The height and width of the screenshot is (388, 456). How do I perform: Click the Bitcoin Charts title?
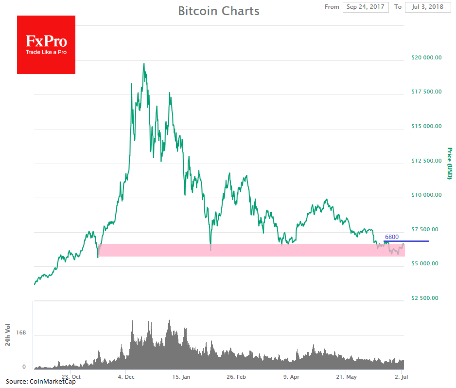[x=219, y=11]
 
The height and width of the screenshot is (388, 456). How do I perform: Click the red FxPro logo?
[x=46, y=45]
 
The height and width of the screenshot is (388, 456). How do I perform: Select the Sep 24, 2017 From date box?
[x=365, y=7]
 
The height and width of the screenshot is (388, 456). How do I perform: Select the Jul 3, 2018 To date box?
[x=427, y=7]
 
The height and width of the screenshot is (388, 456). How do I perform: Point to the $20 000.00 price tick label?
[x=426, y=57]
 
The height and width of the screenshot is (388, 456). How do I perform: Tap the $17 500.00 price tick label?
[x=426, y=92]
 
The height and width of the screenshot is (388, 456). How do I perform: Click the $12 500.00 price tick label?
[x=426, y=161]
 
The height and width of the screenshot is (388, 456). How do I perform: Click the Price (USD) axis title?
[x=450, y=163]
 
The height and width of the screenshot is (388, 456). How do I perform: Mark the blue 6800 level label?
[x=392, y=237]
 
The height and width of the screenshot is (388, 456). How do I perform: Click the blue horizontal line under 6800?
[x=406, y=241]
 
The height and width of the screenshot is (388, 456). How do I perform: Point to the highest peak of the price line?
[x=144, y=63]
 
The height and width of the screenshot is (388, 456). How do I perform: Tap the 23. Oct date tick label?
[x=71, y=377]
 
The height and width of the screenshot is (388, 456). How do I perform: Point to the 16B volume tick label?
[x=20, y=333]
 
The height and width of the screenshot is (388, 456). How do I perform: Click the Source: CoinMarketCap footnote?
[x=41, y=382]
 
